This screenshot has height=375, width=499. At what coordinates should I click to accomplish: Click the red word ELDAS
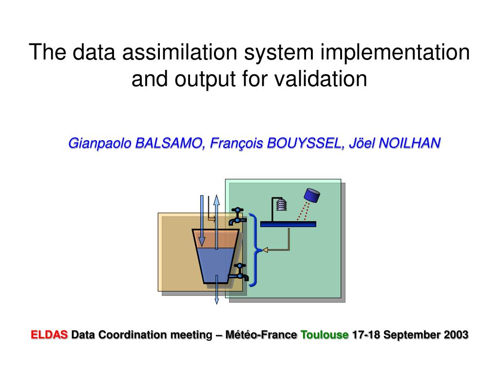[49, 335]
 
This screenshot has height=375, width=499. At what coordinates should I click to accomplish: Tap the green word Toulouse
[325, 335]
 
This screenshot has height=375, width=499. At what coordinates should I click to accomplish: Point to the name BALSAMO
[169, 143]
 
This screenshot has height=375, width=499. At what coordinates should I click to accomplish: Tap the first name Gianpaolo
[99, 144]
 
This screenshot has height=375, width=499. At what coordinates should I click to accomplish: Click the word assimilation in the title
[180, 52]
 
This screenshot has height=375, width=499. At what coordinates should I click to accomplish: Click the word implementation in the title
[395, 53]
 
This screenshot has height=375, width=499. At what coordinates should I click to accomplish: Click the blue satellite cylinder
[312, 195]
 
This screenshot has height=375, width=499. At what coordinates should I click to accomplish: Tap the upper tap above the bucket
[237, 216]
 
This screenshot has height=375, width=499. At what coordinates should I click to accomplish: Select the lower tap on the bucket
[239, 272]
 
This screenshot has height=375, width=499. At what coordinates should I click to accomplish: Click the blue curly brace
[254, 250]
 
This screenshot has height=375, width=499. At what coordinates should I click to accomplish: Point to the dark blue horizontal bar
[288, 224]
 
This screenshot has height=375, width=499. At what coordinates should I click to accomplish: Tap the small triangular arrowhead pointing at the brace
[265, 250]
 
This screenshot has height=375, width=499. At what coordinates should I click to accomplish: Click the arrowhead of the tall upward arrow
[216, 200]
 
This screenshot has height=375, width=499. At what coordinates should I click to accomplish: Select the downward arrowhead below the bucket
[217, 301]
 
